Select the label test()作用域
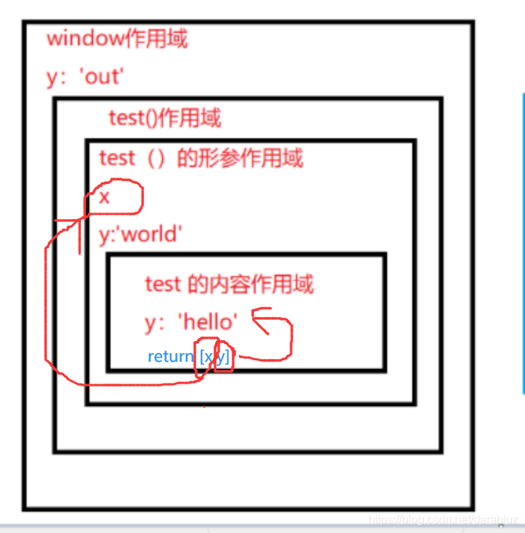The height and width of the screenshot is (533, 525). click(165, 117)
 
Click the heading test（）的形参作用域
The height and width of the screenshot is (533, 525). click(201, 157)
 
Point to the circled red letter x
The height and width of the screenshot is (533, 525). click(105, 197)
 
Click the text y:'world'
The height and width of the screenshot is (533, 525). click(140, 234)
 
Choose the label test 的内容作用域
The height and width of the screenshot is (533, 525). click(229, 284)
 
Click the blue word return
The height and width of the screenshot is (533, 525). click(171, 357)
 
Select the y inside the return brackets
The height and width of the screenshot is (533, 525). click(222, 357)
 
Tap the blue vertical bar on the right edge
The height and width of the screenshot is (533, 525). click(523, 243)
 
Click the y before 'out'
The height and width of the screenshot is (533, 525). click(52, 77)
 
